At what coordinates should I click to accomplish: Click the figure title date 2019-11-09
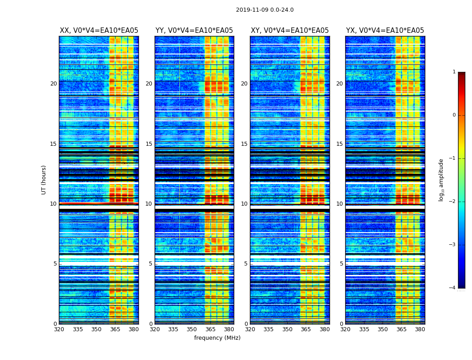(x=251, y=10)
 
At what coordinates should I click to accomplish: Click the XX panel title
(x=99, y=31)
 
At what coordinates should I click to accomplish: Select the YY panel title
(x=194, y=31)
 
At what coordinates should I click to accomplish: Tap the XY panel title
(x=289, y=31)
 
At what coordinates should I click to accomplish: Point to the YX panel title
(x=385, y=31)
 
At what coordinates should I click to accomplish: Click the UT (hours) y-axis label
(x=44, y=180)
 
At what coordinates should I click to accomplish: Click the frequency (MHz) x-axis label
(x=217, y=338)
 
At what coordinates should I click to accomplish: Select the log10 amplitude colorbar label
(x=441, y=180)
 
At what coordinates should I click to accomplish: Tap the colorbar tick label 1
(x=454, y=72)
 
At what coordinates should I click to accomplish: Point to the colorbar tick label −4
(x=453, y=288)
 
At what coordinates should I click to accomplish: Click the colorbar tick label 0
(x=454, y=115)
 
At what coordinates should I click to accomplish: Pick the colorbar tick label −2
(x=453, y=202)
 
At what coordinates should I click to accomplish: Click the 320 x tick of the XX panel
(x=59, y=329)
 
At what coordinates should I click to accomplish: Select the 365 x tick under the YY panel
(x=210, y=329)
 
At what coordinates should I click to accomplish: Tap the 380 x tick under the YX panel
(x=420, y=329)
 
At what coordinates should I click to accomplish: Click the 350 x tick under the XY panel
(x=287, y=329)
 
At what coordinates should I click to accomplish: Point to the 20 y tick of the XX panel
(x=53, y=84)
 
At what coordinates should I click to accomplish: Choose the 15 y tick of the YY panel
(x=149, y=144)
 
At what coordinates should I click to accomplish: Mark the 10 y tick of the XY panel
(x=244, y=204)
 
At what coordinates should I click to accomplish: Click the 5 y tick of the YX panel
(x=342, y=264)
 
